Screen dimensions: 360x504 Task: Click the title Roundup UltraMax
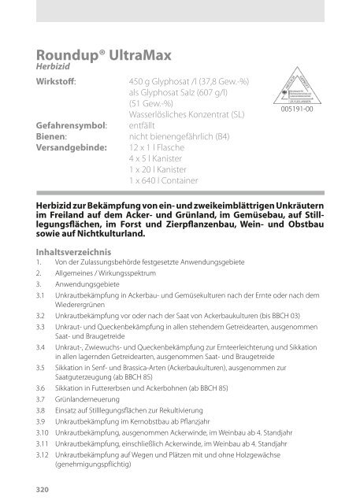tap(97, 54)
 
